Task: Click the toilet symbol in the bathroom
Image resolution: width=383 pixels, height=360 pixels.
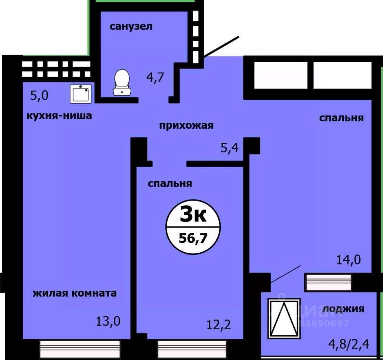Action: click(x=122, y=82)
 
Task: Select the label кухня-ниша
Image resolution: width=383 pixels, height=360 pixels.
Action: click(x=59, y=116)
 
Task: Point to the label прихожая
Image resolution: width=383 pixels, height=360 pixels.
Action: click(x=186, y=125)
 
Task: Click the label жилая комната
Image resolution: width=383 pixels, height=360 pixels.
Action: click(x=75, y=293)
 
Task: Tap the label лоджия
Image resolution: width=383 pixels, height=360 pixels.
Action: click(x=343, y=309)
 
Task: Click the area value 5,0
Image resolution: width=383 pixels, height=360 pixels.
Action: click(x=40, y=95)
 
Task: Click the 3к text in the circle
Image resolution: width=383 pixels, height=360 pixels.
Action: click(x=193, y=216)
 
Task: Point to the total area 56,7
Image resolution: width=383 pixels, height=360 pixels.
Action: click(x=193, y=238)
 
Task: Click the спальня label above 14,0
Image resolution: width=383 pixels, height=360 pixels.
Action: click(x=341, y=118)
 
